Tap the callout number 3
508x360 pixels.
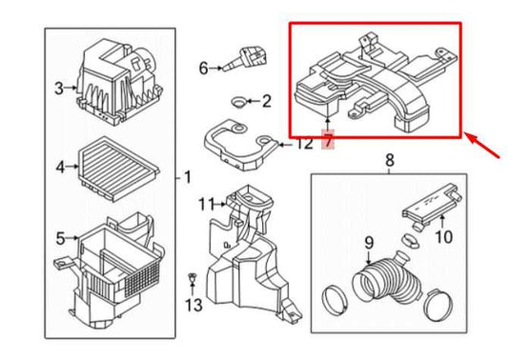coord(59,88)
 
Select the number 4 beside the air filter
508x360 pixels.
coord(60,167)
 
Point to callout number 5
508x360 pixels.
coord(60,239)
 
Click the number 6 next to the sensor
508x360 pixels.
coord(203,69)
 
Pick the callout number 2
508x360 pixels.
coord(266,101)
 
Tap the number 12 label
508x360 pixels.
coord(304,144)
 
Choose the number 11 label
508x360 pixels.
coord(207,204)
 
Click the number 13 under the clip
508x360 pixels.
coord(193,305)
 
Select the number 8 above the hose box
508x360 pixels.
coord(390,160)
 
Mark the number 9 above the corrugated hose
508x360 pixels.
coord(369,243)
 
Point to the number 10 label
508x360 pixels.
coord(444,236)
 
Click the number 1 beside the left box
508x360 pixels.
coord(188,177)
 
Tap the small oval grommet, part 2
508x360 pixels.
coord(238,102)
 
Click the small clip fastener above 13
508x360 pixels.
coord(193,278)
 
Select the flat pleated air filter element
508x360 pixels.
coord(118,169)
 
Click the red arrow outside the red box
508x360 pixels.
coord(482,145)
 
